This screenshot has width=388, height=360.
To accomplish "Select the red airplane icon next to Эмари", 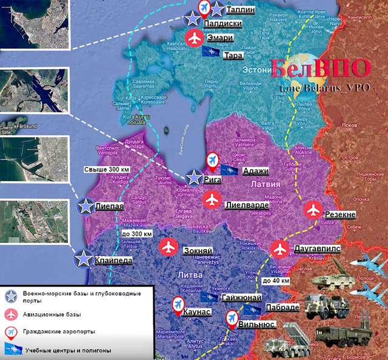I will [194, 38].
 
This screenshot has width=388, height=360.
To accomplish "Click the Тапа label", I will [233, 56].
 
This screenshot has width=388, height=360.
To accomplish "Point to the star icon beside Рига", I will [194, 177].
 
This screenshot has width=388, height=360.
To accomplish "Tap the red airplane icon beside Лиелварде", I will [212, 199].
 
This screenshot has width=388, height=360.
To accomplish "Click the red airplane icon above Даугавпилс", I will [279, 248].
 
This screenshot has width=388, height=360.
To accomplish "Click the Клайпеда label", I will [113, 261].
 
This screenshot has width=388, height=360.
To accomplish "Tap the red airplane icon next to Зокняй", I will [169, 247].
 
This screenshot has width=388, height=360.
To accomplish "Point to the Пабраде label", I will [282, 307].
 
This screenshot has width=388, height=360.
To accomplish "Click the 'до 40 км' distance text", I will [275, 282].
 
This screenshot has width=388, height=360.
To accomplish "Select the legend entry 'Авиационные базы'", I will [51, 315].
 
